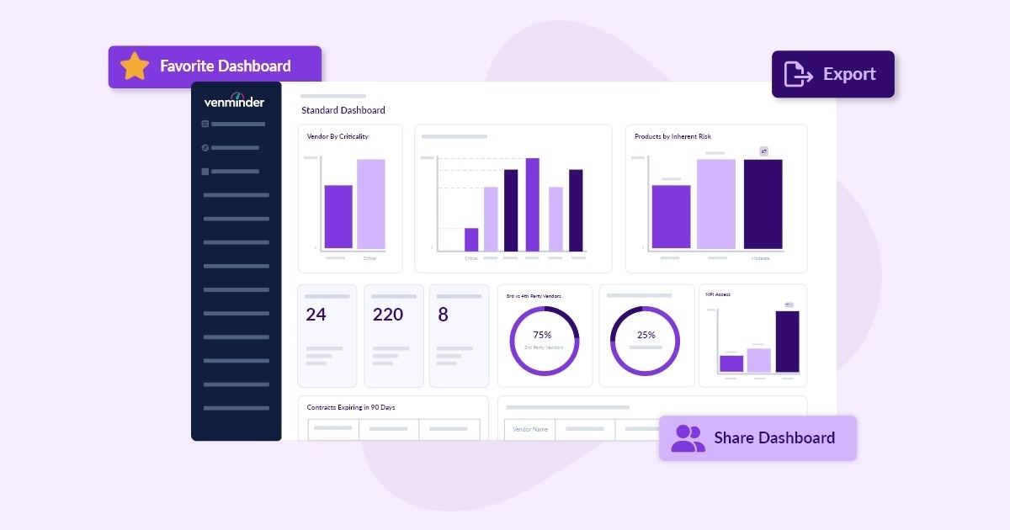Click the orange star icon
point(135,66)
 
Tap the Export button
point(832,74)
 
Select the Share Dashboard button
point(757,437)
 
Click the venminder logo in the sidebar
point(234,101)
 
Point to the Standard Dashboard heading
point(343,110)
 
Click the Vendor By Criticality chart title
point(338,136)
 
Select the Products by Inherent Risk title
point(672,136)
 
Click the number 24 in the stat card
point(316,315)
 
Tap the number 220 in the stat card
point(388,315)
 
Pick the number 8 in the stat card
point(444,315)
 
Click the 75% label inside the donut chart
point(542,335)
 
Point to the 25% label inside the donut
point(646,335)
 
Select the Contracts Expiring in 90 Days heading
point(351,407)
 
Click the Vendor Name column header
point(530,429)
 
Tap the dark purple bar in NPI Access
point(787,341)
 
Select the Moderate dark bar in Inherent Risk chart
point(763,204)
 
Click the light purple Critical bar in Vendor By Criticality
point(370,204)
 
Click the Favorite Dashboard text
point(226,66)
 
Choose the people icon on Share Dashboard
point(688,437)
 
